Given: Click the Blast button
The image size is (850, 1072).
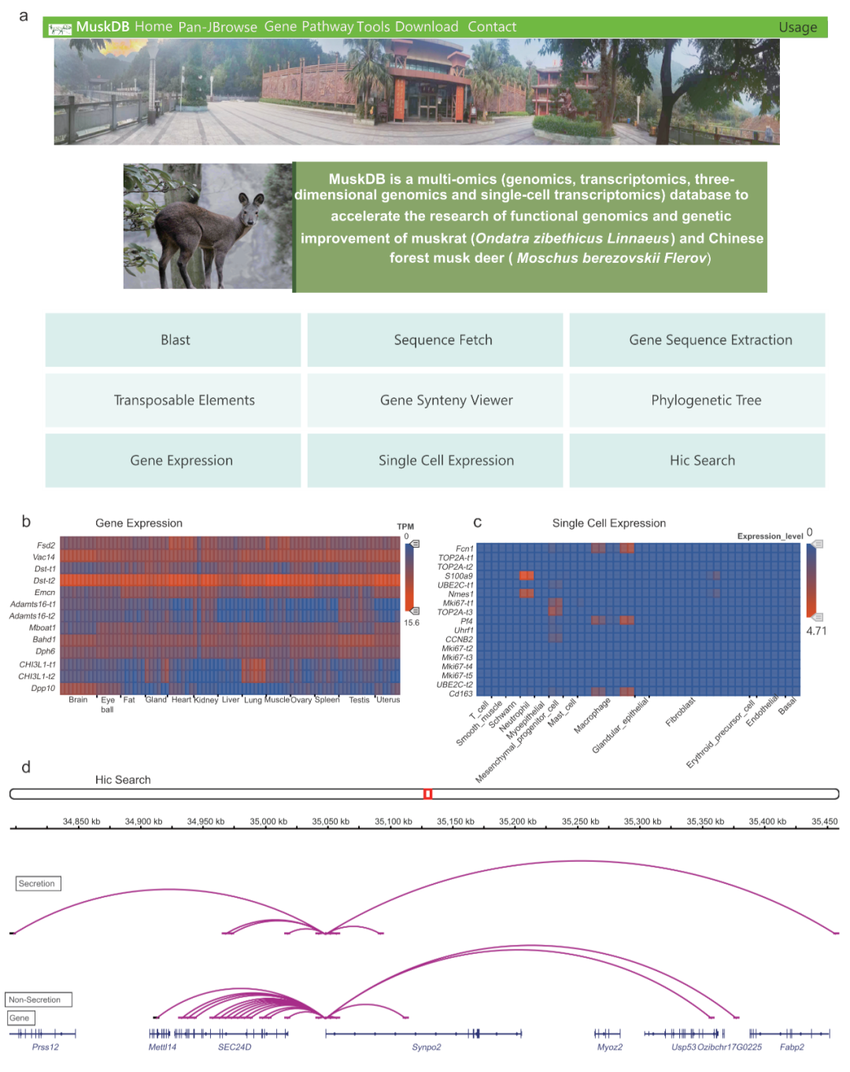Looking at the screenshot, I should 175,340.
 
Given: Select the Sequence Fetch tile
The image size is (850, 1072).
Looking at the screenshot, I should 442,340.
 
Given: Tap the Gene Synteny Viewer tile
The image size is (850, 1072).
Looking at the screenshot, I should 445,401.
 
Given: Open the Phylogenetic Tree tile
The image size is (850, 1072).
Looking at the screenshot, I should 706,401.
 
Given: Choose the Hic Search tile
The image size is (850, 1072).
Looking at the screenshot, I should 702,460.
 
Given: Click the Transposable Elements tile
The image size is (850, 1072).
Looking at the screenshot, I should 184,401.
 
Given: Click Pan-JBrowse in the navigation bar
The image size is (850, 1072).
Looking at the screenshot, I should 217,28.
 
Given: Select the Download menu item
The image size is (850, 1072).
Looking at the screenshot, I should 427,27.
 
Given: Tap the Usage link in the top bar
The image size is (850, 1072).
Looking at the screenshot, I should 797,28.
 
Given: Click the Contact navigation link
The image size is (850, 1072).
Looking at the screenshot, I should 492,27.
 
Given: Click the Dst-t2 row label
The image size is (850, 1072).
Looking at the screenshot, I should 44,581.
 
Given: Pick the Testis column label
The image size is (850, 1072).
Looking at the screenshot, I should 359,700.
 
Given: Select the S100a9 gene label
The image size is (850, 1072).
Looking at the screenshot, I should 458,576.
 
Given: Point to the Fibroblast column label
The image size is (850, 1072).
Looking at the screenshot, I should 680,712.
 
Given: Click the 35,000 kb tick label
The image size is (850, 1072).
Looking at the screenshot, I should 268,822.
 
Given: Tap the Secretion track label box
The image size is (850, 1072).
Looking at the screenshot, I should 37,884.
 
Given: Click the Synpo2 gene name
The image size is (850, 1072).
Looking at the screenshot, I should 427,1048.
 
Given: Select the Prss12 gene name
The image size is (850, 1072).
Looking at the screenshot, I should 46,1048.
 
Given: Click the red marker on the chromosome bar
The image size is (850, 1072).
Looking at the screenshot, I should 427,794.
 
